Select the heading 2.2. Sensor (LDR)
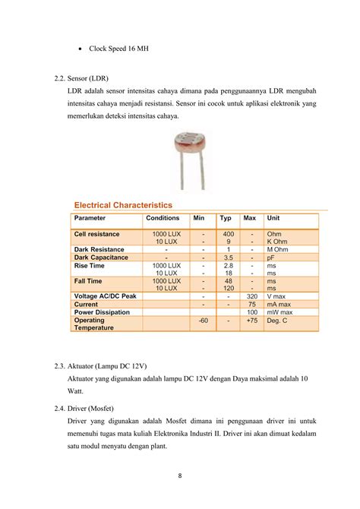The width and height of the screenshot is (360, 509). click(83, 78)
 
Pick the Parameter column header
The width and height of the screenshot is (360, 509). click(90, 218)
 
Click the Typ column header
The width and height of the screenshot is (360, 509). click(226, 218)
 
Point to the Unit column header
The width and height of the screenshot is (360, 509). click(273, 218)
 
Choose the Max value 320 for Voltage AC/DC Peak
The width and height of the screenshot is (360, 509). click(251, 296)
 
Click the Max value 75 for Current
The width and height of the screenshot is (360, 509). click(251, 304)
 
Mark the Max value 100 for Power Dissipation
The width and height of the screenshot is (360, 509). click(251, 312)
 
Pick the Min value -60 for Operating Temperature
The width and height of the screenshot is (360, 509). click(203, 321)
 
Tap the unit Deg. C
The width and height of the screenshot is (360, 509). click(277, 321)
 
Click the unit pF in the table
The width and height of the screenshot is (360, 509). click(271, 258)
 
